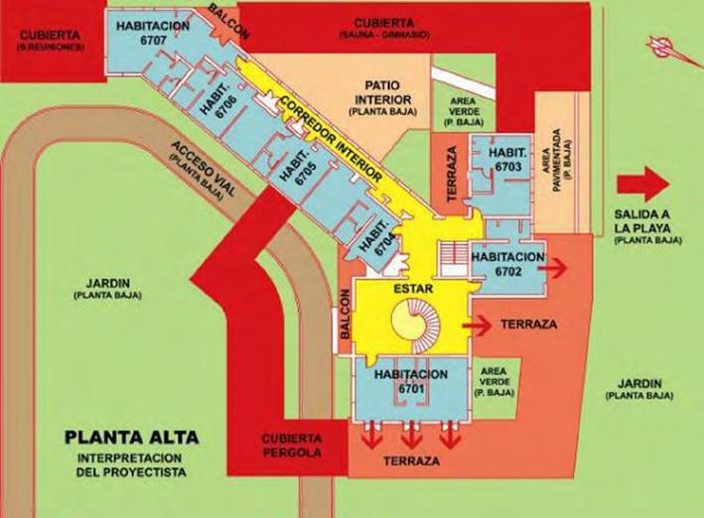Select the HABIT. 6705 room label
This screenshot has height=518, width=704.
click(x=295, y=162)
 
